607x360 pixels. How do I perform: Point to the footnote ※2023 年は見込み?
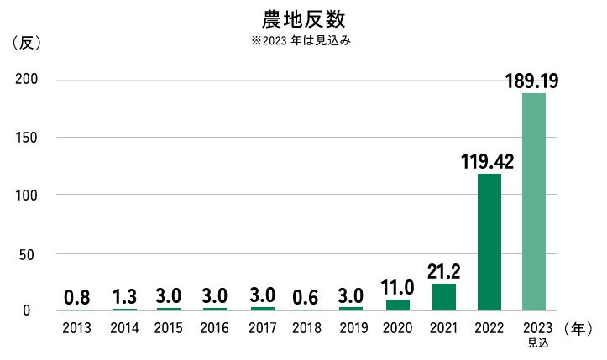(x=303, y=40)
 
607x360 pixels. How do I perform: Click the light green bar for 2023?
(x=533, y=201)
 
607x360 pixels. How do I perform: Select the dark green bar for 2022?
(x=489, y=242)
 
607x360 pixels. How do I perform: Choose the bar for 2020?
(x=398, y=305)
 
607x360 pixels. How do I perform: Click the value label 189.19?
(x=532, y=81)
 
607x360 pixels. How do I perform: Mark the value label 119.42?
(x=488, y=161)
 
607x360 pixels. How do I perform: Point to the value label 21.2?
(x=443, y=271)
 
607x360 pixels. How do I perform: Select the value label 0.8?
(x=78, y=297)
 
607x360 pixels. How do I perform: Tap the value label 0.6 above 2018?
(x=307, y=297)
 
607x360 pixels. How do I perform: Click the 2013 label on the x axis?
(x=78, y=328)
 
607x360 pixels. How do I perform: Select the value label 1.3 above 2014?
(x=124, y=297)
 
